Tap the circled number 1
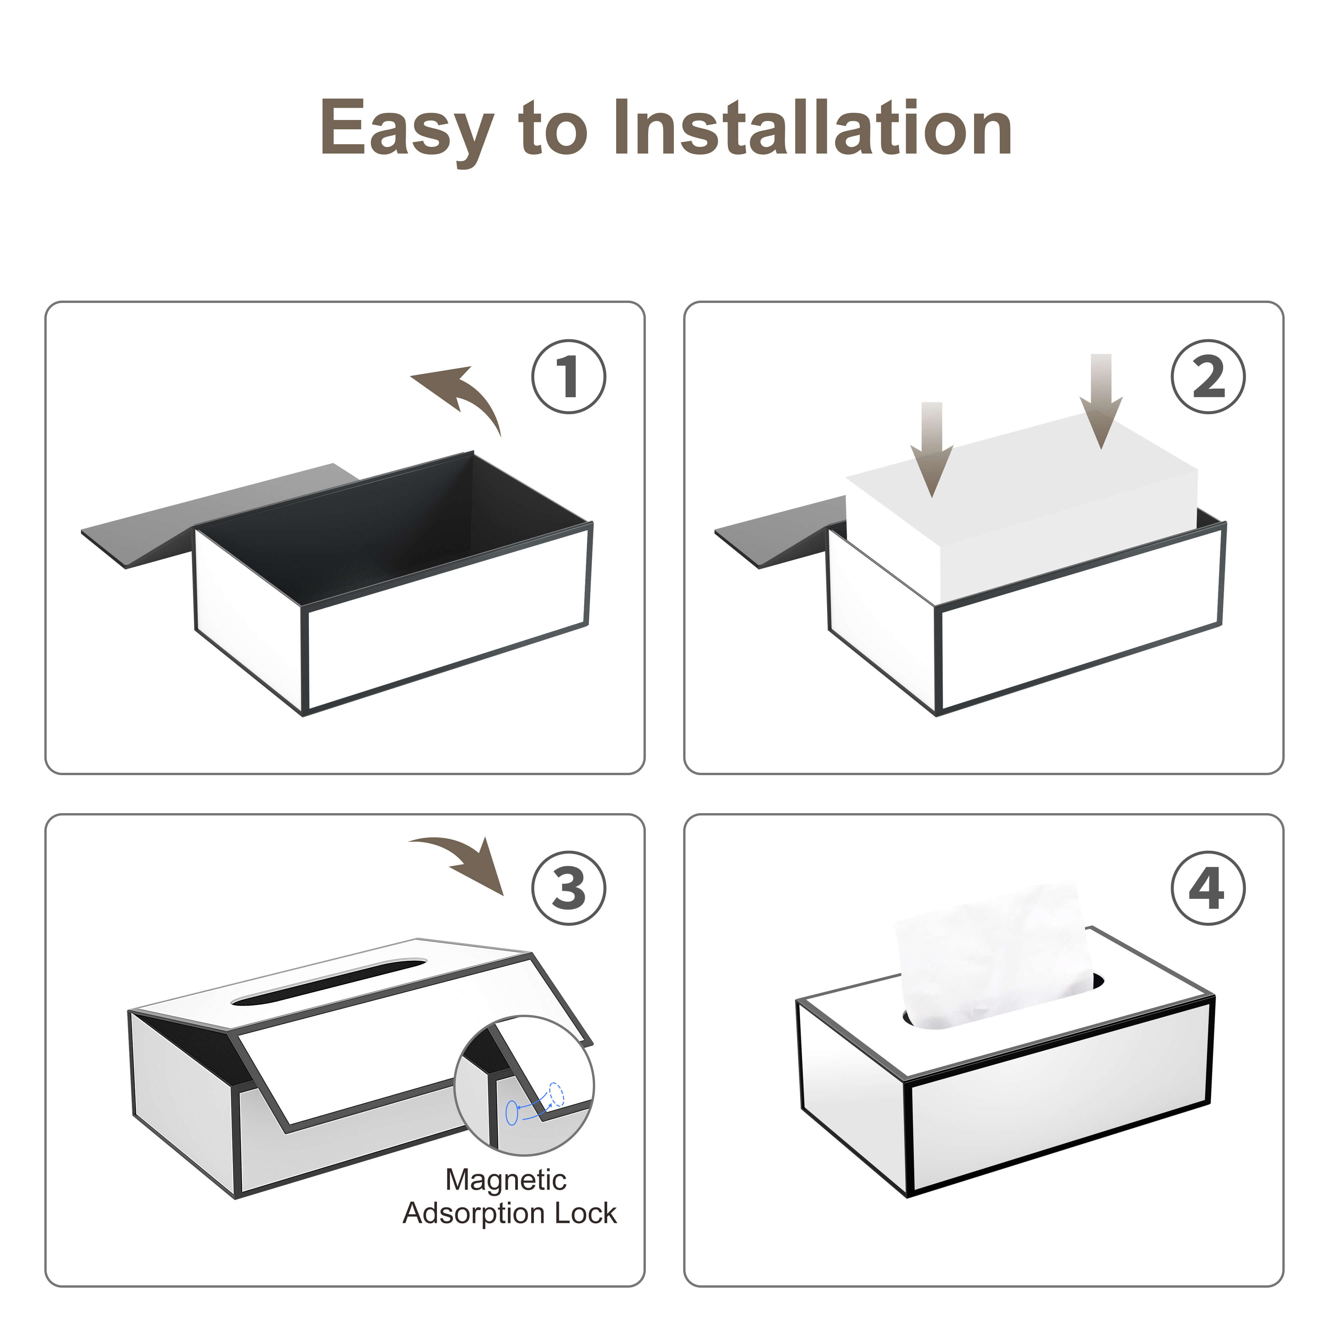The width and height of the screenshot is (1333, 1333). click(569, 377)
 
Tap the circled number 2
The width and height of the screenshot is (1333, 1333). click(1208, 377)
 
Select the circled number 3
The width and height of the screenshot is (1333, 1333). click(569, 889)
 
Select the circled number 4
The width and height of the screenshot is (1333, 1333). click(1208, 889)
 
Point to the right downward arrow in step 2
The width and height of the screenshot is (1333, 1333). click(1101, 400)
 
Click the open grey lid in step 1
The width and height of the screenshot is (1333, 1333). click(207, 514)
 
